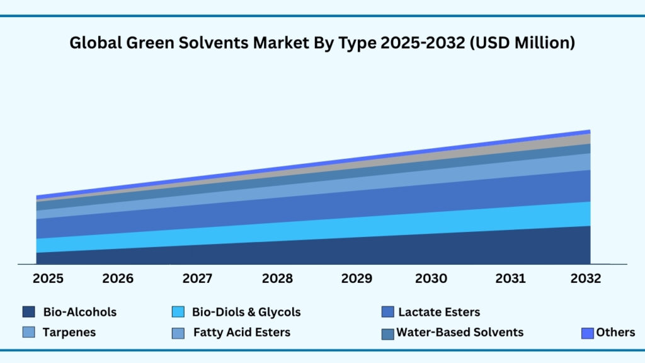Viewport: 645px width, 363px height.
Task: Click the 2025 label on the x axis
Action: (x=49, y=279)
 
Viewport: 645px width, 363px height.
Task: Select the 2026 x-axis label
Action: (x=118, y=279)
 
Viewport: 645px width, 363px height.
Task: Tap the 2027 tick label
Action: (x=197, y=279)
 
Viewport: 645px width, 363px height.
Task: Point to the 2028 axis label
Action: (x=277, y=279)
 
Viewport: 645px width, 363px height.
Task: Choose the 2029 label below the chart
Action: (x=356, y=279)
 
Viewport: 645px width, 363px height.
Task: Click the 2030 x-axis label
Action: (x=431, y=279)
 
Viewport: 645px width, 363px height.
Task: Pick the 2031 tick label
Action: (x=511, y=279)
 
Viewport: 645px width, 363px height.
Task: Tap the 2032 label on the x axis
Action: (x=586, y=279)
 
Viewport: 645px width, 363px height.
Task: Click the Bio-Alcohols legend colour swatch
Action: (x=28, y=312)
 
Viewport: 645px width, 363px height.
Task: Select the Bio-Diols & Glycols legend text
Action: (x=246, y=312)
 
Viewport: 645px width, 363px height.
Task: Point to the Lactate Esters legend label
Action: (x=439, y=312)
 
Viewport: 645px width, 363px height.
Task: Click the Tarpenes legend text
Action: (x=69, y=332)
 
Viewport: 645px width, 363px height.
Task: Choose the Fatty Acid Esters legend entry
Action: (x=242, y=332)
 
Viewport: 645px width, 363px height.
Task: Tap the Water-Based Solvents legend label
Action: (x=460, y=332)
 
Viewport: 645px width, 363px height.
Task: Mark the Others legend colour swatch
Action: (x=588, y=333)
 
